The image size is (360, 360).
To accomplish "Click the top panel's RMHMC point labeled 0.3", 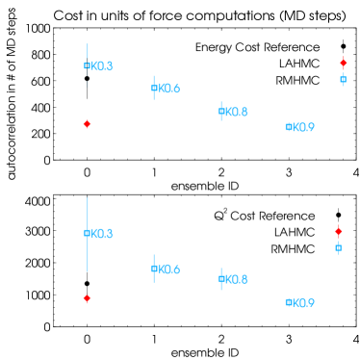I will (87, 65).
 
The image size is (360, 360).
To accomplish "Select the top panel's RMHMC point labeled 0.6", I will (154, 89).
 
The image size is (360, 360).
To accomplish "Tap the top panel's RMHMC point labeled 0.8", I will (221, 112).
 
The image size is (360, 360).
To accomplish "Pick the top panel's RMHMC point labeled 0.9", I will (289, 126).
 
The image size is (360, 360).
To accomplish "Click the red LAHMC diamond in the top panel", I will (87, 124).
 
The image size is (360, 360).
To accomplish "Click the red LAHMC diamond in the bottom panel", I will (87, 298).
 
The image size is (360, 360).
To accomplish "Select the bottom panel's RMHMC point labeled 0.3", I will (87, 233).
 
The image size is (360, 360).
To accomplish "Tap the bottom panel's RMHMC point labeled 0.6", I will (154, 269).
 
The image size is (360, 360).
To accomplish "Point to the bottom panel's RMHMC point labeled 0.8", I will (221, 279).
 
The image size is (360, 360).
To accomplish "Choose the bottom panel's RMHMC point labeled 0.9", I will (289, 302).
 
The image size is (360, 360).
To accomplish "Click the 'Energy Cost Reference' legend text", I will (257, 47).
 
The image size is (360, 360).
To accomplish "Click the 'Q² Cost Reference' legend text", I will (264, 216).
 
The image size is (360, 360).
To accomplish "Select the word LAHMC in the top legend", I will (299, 63).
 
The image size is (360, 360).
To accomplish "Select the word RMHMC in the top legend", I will (297, 79).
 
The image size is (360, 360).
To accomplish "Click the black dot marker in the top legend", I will (343, 47).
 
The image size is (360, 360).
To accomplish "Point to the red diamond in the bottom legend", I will (338, 232).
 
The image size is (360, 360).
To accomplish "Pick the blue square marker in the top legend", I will (343, 79).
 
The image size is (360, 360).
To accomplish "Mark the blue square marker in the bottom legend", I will (338, 248).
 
